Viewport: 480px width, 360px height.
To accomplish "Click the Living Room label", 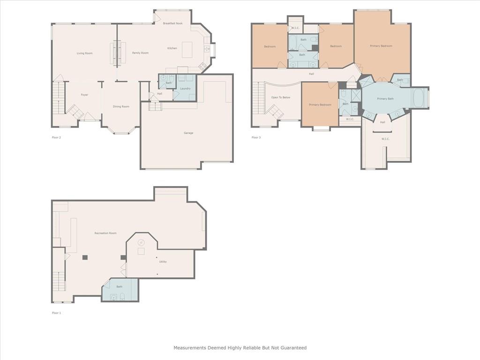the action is pyautogui.click(x=84, y=53).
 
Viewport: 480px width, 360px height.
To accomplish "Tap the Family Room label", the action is pyautogui.click(x=140, y=53).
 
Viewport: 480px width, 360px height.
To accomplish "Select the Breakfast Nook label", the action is pyautogui.click(x=173, y=23).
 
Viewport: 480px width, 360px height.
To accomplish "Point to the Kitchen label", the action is pyautogui.click(x=172, y=48).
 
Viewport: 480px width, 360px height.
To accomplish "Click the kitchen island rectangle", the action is pyautogui.click(x=187, y=50).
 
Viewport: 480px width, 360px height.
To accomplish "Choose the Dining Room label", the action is pyautogui.click(x=121, y=106).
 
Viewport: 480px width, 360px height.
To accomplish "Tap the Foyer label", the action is pyautogui.click(x=84, y=95).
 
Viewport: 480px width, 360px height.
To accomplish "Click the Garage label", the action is pyautogui.click(x=188, y=133).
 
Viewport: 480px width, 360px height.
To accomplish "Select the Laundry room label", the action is pyautogui.click(x=186, y=89).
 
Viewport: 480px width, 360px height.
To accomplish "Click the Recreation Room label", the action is pyautogui.click(x=105, y=233).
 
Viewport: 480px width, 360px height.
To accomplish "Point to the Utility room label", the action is pyautogui.click(x=163, y=262).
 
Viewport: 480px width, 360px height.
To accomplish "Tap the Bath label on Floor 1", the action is pyautogui.click(x=120, y=287).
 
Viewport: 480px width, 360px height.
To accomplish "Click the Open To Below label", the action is pyautogui.click(x=281, y=97).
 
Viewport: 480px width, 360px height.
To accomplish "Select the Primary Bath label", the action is pyautogui.click(x=385, y=98).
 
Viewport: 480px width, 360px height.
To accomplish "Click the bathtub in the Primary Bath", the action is pyautogui.click(x=418, y=98).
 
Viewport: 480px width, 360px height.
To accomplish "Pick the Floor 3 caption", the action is pyautogui.click(x=256, y=137).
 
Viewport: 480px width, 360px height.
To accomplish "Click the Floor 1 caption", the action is pyautogui.click(x=57, y=313).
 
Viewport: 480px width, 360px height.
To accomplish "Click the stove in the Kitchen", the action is pyautogui.click(x=202, y=66).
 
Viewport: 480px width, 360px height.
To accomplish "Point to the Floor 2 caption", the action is pyautogui.click(x=57, y=137).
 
